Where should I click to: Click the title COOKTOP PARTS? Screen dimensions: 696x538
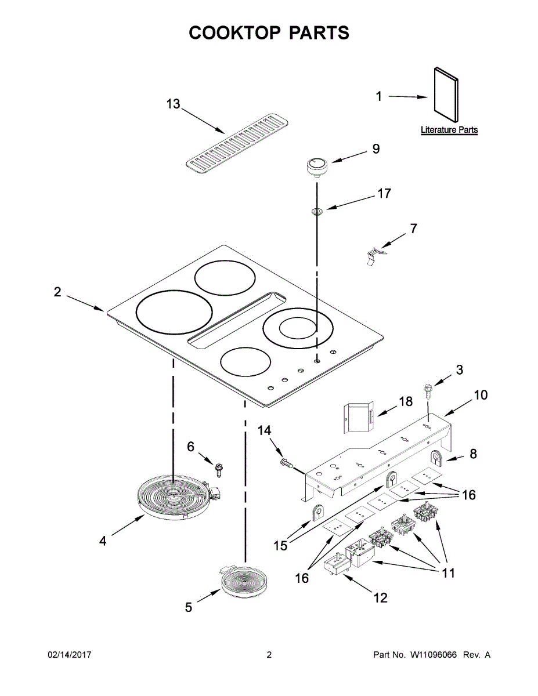[x=269, y=33]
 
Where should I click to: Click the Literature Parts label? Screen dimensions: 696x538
[x=449, y=130]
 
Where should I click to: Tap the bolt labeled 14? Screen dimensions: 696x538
[x=286, y=462]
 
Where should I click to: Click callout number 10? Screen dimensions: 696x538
[x=481, y=396]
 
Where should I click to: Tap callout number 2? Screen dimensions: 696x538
[x=57, y=292]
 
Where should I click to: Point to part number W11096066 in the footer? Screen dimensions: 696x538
[x=434, y=655]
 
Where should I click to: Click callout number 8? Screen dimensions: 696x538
[x=474, y=454]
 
